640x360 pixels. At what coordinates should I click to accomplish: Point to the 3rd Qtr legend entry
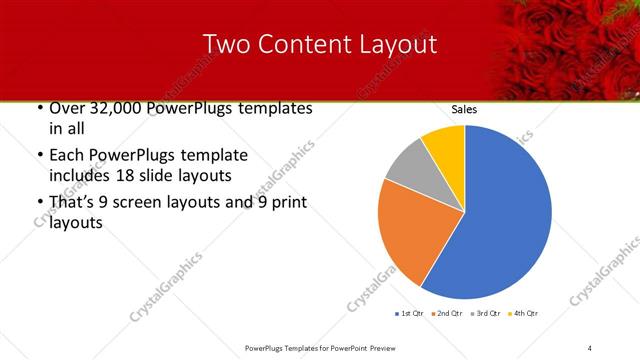485,314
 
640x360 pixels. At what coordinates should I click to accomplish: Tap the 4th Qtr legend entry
525,314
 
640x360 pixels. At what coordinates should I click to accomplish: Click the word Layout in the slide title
393,45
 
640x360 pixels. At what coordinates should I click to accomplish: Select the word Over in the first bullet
65,108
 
